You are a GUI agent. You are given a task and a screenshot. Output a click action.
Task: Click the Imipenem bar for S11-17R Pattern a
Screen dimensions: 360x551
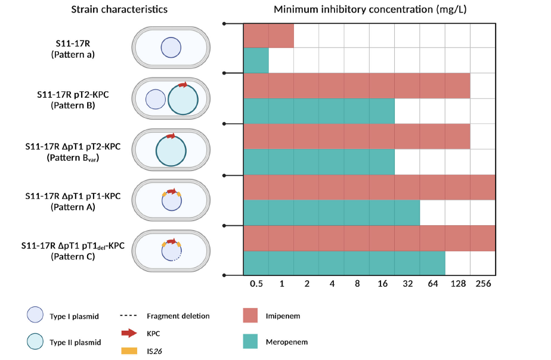point(268,36)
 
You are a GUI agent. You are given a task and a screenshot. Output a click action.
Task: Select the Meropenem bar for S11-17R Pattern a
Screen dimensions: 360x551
point(256,60)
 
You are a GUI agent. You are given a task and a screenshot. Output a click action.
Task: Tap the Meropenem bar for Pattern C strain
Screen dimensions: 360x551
point(344,263)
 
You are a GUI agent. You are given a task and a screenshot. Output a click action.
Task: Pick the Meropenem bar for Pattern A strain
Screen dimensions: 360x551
point(332,213)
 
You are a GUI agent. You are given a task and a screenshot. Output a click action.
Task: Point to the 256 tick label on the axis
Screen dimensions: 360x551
point(483,284)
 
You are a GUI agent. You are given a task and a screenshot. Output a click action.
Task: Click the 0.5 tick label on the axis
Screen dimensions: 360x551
point(256,284)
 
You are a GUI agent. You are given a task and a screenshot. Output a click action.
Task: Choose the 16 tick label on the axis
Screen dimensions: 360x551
point(382,284)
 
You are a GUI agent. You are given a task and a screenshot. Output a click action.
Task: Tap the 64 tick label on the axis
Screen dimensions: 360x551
point(432,284)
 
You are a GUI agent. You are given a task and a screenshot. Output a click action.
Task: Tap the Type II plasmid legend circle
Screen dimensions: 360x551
point(35,342)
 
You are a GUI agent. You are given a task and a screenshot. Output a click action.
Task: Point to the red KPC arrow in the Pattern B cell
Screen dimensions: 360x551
point(182,85)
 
